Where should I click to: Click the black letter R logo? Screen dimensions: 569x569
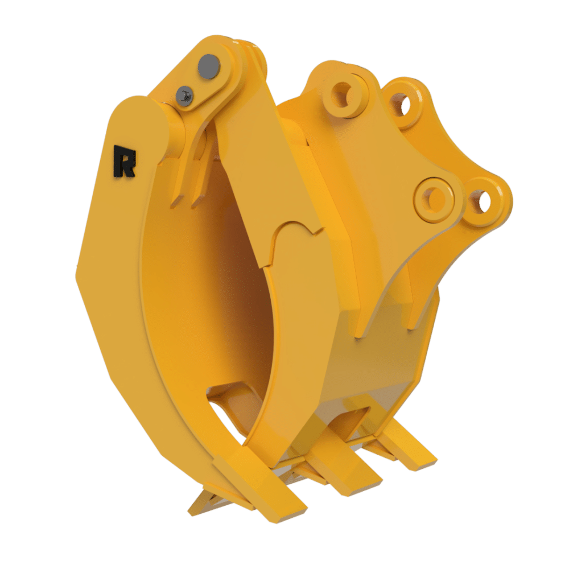[124, 161]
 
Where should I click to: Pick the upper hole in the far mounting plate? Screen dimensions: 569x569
[402, 104]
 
